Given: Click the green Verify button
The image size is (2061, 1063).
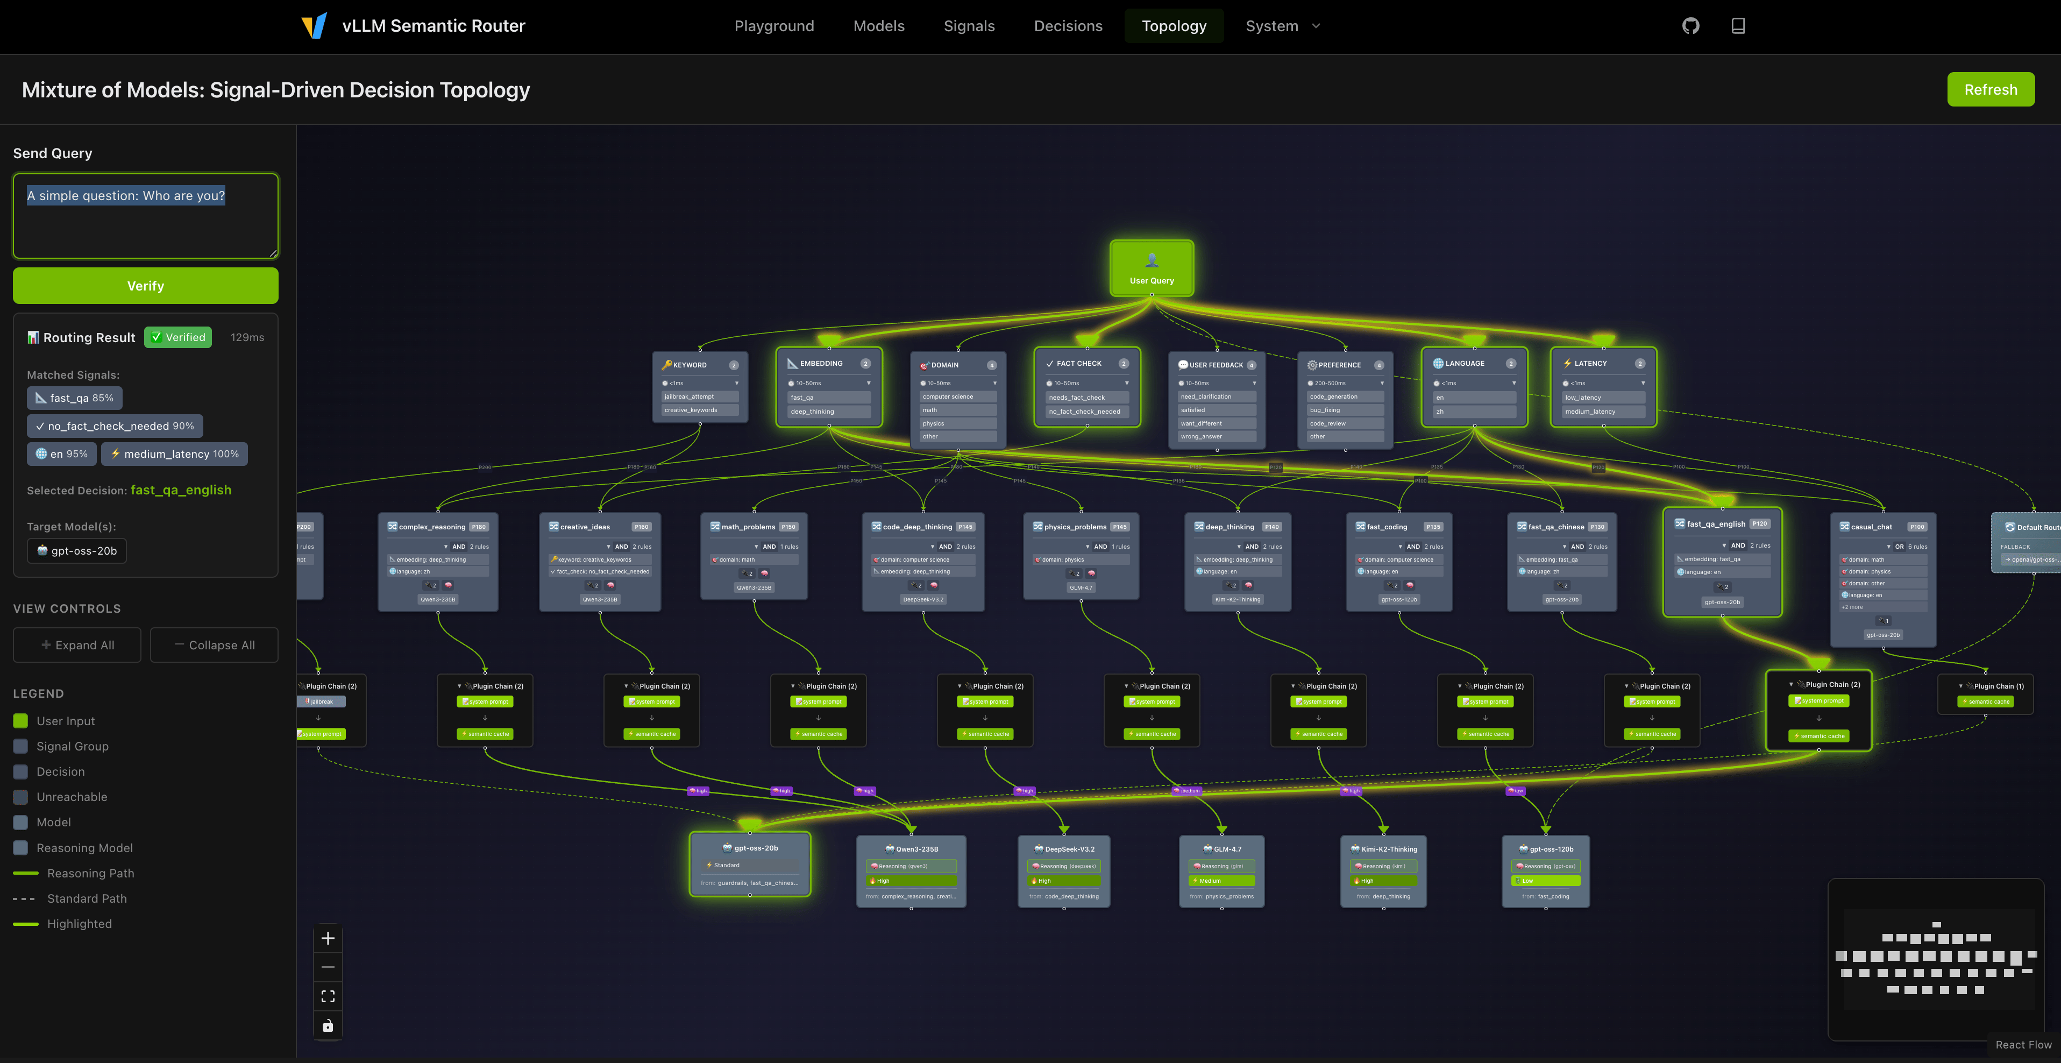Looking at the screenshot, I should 145,286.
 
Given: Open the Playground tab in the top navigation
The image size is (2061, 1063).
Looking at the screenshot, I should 773,26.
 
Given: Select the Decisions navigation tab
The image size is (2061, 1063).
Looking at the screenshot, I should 1067,26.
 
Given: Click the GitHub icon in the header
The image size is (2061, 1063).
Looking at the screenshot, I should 1690,26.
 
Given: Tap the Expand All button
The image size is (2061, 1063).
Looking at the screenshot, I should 77,645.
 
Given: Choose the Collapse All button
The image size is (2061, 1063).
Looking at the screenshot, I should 214,645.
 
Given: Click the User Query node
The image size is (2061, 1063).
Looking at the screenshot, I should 1152,268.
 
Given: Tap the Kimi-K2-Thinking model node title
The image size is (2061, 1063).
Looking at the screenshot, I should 1388,849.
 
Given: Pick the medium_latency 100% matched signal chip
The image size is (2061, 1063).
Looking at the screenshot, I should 174,454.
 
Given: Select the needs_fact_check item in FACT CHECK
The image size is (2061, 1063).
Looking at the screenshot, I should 1077,397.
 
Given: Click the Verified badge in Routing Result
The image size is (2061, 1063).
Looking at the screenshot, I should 177,337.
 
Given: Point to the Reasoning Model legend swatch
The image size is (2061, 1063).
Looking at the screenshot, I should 21,848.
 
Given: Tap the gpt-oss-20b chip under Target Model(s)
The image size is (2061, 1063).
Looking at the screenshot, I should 77,551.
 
